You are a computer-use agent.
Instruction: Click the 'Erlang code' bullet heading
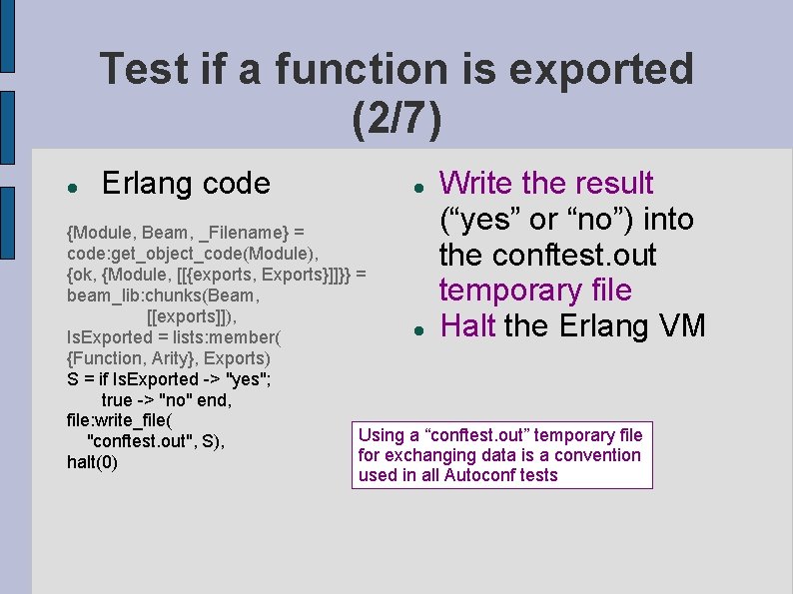(186, 184)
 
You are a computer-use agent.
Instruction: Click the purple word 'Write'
(476, 184)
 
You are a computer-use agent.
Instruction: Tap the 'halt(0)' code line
(92, 462)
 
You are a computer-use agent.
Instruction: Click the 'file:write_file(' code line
(120, 420)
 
